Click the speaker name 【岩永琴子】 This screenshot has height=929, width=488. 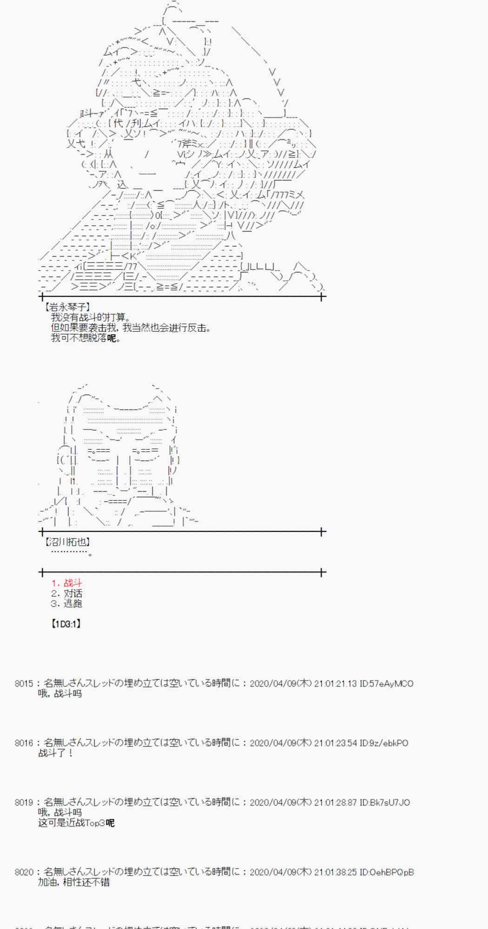coord(67,307)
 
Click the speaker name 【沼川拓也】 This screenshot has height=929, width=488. coord(67,542)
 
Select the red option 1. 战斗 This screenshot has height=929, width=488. coord(66,583)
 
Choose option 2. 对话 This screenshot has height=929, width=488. coord(66,593)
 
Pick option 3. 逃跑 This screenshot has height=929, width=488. coord(66,603)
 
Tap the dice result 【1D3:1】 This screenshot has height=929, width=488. coord(66,624)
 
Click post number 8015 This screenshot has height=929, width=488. coord(24,683)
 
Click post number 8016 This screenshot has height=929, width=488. coord(24,743)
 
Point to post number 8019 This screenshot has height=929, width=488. coord(24,802)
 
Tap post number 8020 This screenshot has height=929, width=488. coord(24,872)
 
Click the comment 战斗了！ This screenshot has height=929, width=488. coord(55,753)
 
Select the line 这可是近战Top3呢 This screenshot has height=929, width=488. coord(76,823)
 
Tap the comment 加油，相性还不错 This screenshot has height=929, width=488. coord(74,882)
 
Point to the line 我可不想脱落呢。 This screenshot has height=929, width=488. coord(86,338)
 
